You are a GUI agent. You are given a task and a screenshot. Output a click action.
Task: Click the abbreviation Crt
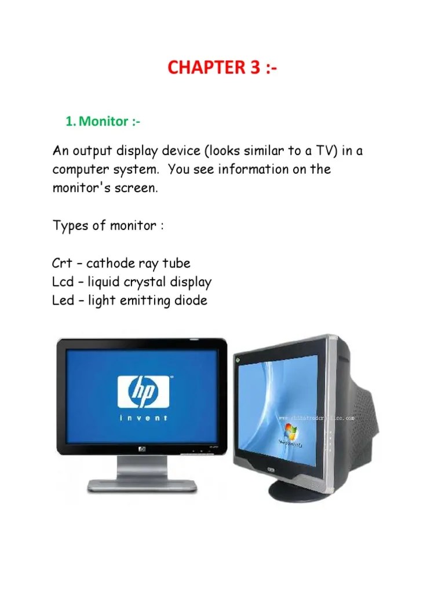pyautogui.click(x=62, y=263)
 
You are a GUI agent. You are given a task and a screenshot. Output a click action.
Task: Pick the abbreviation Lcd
pyautogui.click(x=63, y=282)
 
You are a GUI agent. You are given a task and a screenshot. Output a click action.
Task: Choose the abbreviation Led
pyautogui.click(x=63, y=301)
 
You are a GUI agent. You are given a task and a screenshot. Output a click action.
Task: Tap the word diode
pyautogui.click(x=189, y=301)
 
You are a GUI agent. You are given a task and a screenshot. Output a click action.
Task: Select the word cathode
pyautogui.click(x=110, y=263)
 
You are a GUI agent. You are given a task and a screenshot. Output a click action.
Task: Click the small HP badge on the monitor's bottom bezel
pyautogui.click(x=143, y=447)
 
